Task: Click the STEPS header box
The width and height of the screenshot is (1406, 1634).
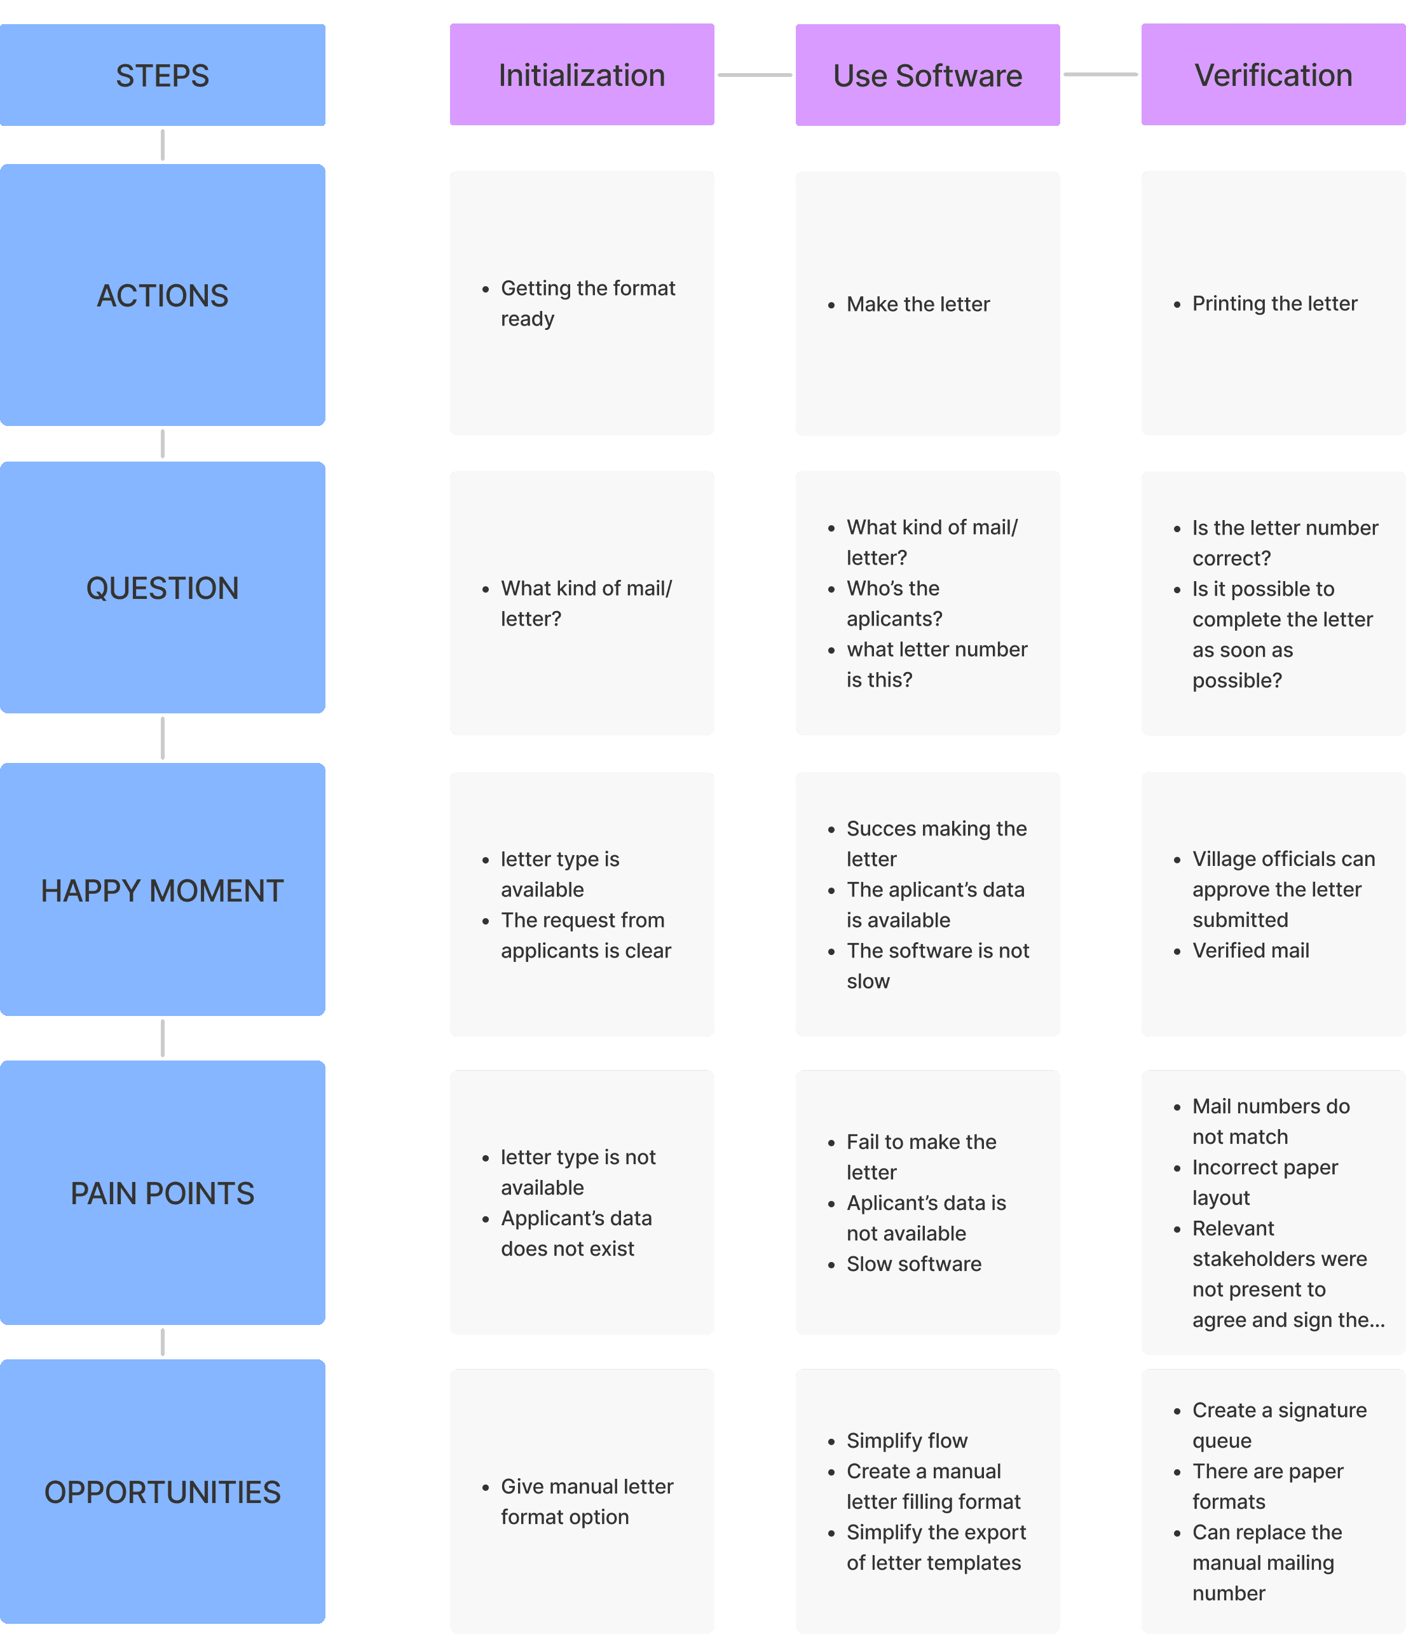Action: [x=163, y=75]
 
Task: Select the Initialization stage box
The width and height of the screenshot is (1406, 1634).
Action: [x=582, y=75]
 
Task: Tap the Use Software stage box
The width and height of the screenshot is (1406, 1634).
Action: [x=927, y=75]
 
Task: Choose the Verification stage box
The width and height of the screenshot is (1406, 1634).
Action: [x=1274, y=75]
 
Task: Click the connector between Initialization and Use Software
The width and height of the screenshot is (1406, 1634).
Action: [x=754, y=75]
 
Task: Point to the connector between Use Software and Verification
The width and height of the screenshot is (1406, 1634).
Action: [x=1101, y=75]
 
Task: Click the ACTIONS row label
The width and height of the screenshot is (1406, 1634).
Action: [x=163, y=295]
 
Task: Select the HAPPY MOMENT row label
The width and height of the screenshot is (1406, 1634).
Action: [x=163, y=889]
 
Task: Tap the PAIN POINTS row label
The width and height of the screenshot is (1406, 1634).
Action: [x=163, y=1192]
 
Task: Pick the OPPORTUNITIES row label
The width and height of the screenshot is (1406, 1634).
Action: [x=163, y=1491]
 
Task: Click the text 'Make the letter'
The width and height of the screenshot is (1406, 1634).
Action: [x=918, y=305]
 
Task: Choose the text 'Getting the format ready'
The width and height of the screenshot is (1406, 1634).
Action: [x=587, y=304]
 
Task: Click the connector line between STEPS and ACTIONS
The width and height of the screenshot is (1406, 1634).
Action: [x=163, y=145]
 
